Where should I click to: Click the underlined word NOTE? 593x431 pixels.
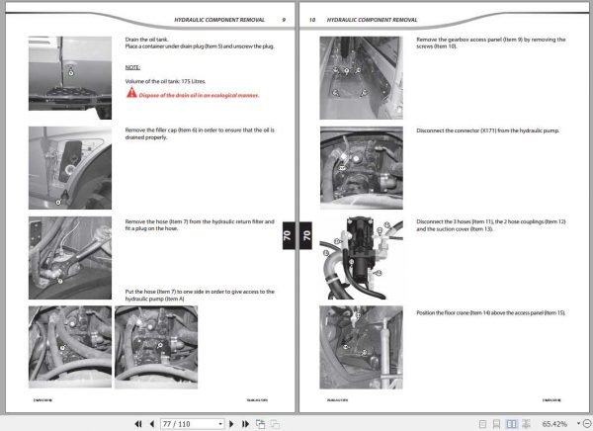(x=132, y=67)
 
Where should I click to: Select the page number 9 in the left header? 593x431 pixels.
(x=283, y=20)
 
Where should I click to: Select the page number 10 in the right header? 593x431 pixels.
(x=312, y=20)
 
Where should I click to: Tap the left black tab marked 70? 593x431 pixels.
(x=288, y=236)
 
